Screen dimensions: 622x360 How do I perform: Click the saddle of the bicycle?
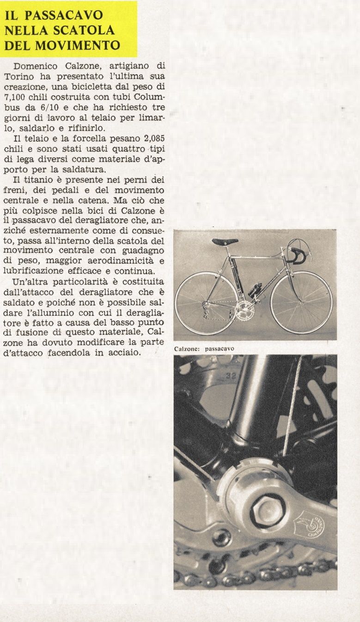tap(225, 242)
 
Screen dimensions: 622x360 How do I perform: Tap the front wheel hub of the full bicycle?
tap(301, 303)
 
